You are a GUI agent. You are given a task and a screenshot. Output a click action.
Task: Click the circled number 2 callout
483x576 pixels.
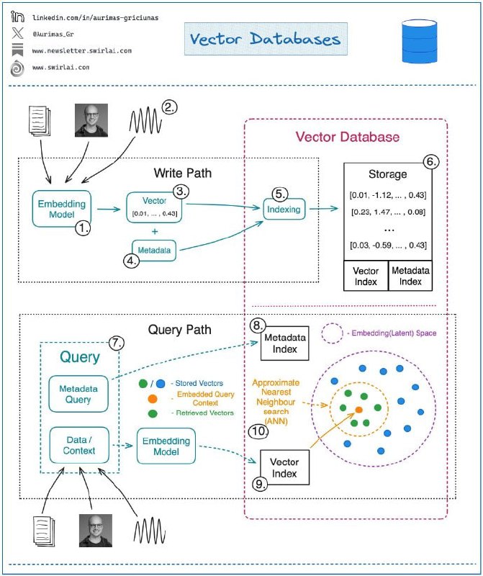coord(169,107)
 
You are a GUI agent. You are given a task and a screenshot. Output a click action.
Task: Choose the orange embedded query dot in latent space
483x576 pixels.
coord(358,409)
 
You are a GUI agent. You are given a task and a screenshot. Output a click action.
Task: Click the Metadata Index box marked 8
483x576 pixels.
coord(284,342)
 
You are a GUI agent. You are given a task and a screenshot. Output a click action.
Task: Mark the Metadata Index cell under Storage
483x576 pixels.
coord(410,276)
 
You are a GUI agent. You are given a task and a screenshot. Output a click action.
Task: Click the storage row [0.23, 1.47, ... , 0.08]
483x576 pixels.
coord(387,212)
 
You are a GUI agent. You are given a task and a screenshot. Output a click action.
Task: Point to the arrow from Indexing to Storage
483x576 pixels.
coord(325,209)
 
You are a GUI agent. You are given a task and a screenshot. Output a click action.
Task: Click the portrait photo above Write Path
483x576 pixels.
coord(91,120)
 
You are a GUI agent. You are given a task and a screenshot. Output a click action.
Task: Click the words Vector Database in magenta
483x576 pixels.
coord(348,136)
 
